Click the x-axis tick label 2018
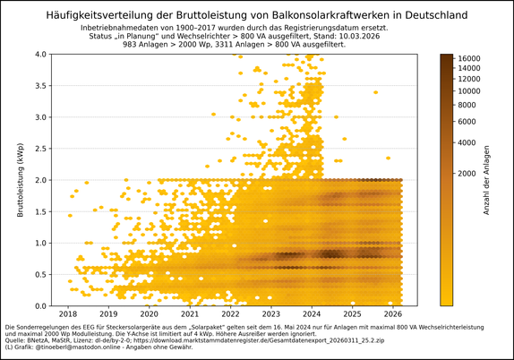[68, 314]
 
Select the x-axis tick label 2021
[190, 314]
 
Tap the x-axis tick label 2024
[312, 314]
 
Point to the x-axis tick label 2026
[393, 314]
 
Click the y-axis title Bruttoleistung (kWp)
[21, 179]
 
